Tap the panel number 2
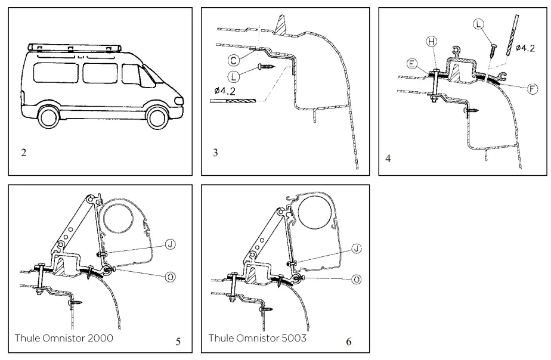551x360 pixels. click(x=23, y=153)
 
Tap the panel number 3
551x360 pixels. click(x=215, y=153)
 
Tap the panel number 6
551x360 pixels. click(x=349, y=342)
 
